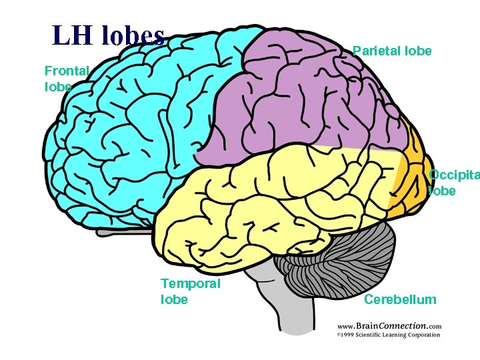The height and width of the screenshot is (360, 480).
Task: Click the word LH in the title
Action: coord(73,35)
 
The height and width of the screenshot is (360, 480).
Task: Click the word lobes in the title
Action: coord(133,35)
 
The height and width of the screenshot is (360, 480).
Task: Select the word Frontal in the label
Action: coord(67,71)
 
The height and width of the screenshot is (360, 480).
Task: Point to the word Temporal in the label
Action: coord(190,283)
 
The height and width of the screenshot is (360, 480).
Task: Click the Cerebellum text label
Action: coord(400,299)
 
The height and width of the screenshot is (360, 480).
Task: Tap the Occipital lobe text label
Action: coord(453,183)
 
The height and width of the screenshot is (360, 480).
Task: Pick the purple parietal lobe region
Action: coord(307,100)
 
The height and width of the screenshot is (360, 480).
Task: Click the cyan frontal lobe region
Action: coord(133,120)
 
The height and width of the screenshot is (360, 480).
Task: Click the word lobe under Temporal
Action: coord(174,299)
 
